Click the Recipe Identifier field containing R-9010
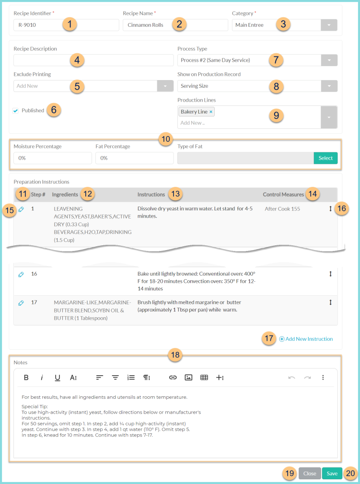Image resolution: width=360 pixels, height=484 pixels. pos(38,25)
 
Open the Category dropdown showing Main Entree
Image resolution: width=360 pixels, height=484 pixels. pos(328,25)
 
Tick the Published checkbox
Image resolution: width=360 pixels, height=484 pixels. pos(16,111)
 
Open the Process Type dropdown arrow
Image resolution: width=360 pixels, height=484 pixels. pos(328,60)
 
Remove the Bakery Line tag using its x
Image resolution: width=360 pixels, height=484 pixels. pos(211,112)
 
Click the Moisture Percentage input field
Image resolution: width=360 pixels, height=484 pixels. pos(52,158)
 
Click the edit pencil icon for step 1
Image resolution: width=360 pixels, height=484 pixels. pos(21,209)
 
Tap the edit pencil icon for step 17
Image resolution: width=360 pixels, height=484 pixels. pos(21,303)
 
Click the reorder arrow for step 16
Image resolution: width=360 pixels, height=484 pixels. pos(330,274)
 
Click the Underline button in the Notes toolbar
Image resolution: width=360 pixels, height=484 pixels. pos(58,378)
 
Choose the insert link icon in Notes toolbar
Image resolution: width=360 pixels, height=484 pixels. pos(173,378)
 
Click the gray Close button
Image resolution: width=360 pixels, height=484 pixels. pos(310,473)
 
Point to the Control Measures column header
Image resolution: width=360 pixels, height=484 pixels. pos(283,195)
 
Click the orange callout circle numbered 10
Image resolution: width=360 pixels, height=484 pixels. pos(166,139)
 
